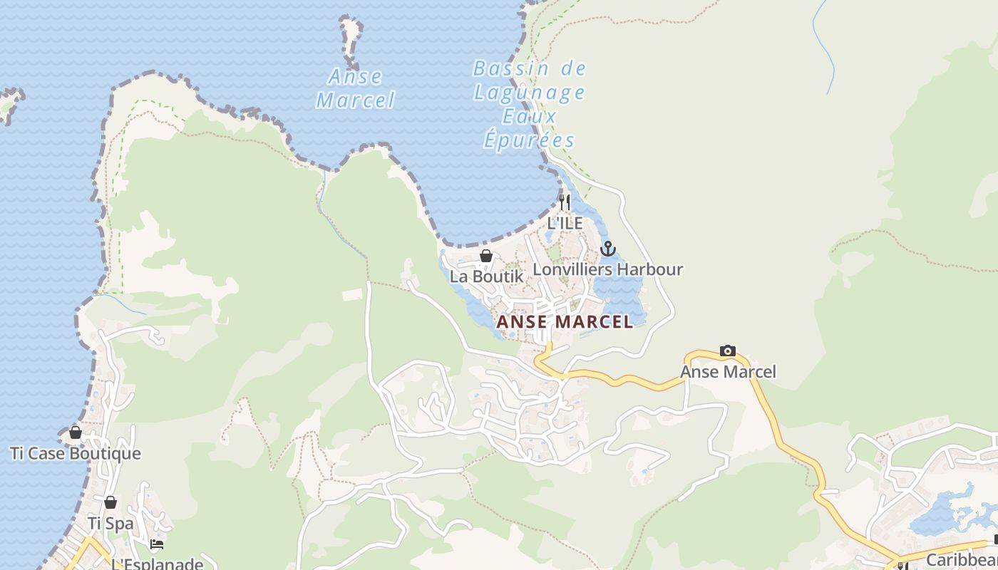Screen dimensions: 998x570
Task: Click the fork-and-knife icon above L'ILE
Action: click(x=565, y=202)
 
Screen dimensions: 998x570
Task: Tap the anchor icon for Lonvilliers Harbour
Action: click(x=607, y=249)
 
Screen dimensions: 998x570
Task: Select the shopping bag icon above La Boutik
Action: click(x=486, y=256)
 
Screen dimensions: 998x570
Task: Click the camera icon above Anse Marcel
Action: click(x=727, y=351)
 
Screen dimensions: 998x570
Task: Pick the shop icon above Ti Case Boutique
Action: click(x=76, y=432)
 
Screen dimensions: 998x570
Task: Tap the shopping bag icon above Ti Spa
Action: click(x=110, y=502)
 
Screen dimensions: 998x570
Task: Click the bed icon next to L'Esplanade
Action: click(x=157, y=544)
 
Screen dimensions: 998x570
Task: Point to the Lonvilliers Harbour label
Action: click(x=607, y=269)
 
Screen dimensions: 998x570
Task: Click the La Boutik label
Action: click(x=486, y=276)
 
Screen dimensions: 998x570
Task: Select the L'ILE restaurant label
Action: click(x=565, y=223)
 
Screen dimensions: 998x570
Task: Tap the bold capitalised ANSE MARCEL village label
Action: click(x=565, y=322)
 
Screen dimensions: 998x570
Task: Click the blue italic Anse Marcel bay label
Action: click(x=355, y=88)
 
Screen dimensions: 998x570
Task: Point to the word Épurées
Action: click(x=529, y=139)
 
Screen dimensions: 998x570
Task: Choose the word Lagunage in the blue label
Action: click(x=529, y=93)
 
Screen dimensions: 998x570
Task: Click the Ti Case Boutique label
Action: click(x=76, y=453)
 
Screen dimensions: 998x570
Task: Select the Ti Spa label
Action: click(x=110, y=523)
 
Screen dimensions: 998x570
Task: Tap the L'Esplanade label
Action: click(x=157, y=564)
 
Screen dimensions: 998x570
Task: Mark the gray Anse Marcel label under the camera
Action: click(x=727, y=372)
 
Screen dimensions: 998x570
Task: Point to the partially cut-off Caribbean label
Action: click(x=962, y=559)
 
